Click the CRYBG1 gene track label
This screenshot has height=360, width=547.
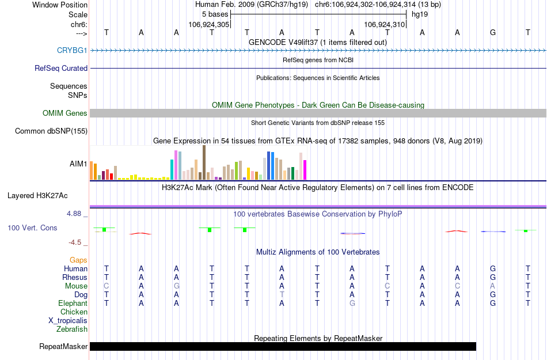tap(72, 51)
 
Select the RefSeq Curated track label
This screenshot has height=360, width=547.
tap(61, 68)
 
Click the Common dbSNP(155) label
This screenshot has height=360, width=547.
tap(51, 131)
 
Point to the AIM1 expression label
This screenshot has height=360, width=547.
tap(78, 164)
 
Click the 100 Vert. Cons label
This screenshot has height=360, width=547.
tap(32, 228)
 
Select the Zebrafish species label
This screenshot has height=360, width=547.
tap(72, 329)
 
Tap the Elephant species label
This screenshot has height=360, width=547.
tap(73, 303)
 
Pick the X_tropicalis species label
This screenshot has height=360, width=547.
tap(68, 321)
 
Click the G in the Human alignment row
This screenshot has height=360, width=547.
tap(492, 268)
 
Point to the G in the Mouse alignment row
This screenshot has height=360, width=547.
tap(177, 286)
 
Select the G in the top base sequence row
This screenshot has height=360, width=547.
tap(492, 32)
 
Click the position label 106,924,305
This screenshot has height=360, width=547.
tap(209, 25)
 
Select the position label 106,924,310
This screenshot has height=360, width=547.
tap(385, 25)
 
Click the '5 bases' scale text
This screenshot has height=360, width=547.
tap(215, 14)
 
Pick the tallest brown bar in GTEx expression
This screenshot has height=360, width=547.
tap(204, 162)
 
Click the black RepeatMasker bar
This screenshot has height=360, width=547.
tap(283, 346)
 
